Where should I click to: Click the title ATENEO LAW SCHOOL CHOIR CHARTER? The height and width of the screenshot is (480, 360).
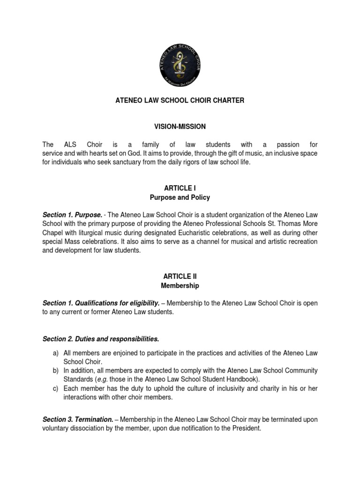[x=180, y=101]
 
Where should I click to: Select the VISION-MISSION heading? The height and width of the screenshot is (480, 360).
[x=180, y=127]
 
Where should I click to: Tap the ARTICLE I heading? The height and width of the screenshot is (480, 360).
[x=180, y=188]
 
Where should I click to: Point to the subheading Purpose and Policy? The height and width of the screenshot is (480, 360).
[x=180, y=197]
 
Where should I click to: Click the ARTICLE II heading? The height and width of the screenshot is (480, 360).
[x=180, y=276]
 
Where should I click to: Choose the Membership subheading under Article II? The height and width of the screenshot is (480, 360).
[x=180, y=285]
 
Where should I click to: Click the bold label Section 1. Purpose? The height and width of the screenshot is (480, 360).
[x=72, y=214]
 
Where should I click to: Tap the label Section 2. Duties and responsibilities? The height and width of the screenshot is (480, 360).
[x=101, y=338]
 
